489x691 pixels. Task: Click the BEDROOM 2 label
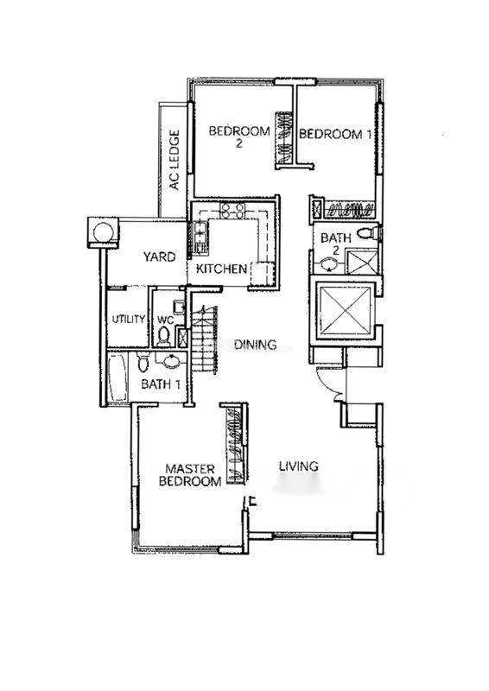point(239,136)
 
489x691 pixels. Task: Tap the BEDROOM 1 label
point(335,134)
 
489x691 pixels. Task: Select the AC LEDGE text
point(175,160)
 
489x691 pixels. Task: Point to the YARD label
point(159,257)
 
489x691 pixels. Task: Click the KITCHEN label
point(221,269)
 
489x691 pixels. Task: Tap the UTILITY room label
point(129,319)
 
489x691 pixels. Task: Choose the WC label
point(165,320)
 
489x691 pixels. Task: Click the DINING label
point(256,345)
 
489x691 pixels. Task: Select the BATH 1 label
point(161,384)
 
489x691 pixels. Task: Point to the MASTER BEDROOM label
point(190,475)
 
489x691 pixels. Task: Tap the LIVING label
point(299,466)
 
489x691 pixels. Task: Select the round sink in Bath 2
point(328,264)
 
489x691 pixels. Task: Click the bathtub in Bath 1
point(117,377)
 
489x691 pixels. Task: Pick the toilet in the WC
point(163,336)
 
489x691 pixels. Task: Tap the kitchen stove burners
point(232,211)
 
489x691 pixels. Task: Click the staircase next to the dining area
point(204,339)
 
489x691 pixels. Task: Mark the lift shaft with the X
point(346,312)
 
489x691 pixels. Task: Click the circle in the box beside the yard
point(104,232)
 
